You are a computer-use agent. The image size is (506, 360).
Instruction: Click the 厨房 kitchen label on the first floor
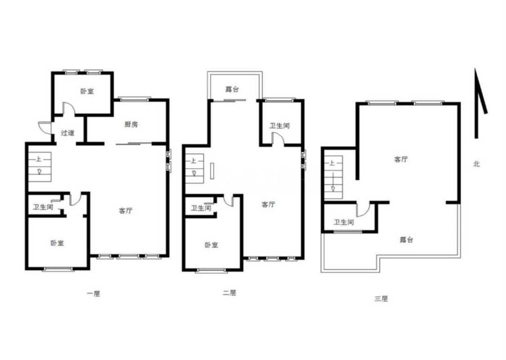[x=131, y=124]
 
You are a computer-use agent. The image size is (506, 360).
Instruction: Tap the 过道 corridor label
[x=67, y=133]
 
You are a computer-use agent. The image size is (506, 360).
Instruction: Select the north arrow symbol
[x=480, y=103]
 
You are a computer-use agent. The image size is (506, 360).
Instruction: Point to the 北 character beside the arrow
[x=476, y=164]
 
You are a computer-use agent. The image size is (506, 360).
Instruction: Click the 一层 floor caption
[x=94, y=293]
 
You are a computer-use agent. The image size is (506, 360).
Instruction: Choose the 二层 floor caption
[x=230, y=293]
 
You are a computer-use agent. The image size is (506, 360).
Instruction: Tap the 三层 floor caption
[x=381, y=299]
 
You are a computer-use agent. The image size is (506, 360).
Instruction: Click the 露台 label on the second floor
[x=232, y=89]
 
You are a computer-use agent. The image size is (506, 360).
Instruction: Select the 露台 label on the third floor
[x=406, y=240]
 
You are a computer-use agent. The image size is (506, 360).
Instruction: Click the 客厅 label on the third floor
[x=401, y=159]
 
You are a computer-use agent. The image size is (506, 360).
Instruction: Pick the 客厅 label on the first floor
[x=126, y=211]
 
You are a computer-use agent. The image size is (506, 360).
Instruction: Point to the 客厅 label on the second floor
[x=268, y=204]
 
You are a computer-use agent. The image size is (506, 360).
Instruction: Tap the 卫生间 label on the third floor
[x=344, y=222]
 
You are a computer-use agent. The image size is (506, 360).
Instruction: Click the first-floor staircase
[x=40, y=166]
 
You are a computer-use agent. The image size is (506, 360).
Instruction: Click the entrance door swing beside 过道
[x=44, y=127]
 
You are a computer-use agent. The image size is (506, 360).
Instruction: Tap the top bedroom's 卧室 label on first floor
[x=87, y=91]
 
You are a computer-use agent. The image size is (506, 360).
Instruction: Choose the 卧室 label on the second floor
[x=211, y=245]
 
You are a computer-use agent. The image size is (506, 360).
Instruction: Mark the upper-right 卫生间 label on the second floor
[x=279, y=126]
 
